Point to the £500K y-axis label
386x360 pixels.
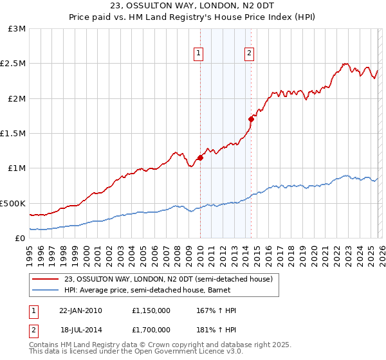coord(13,203)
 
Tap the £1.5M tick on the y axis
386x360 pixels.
coord(13,134)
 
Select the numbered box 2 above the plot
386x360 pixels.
coord(249,54)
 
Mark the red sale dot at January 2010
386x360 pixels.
coord(200,157)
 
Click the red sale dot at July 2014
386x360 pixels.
coord(251,119)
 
